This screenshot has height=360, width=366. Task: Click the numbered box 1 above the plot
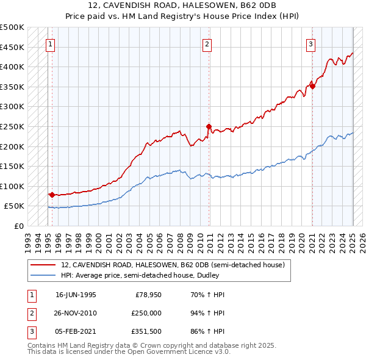49,44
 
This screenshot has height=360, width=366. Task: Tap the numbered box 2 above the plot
207,44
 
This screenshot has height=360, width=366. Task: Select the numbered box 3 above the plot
310,44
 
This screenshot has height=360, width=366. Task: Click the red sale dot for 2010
209,127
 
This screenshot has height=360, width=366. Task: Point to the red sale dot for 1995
52,195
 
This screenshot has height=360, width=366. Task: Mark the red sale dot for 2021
312,87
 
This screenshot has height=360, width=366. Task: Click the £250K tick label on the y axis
12,126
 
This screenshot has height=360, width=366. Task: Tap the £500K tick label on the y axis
12,27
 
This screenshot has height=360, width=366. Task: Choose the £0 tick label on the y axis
18,226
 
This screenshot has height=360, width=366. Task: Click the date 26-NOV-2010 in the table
76,313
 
